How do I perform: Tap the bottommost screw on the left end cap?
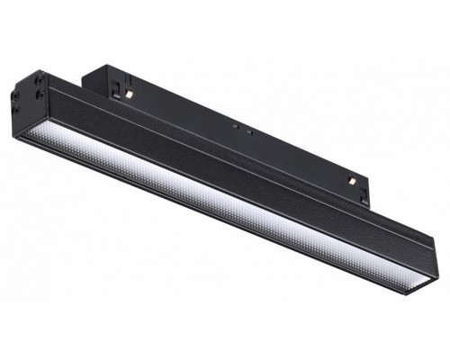pos(16,110)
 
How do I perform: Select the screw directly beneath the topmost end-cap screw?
pos(40,94)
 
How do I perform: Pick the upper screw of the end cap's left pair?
pos(16,95)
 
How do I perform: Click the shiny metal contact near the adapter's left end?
pos(130,93)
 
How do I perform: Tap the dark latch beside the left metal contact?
pos(115,88)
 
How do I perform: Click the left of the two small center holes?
pos(236,126)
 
